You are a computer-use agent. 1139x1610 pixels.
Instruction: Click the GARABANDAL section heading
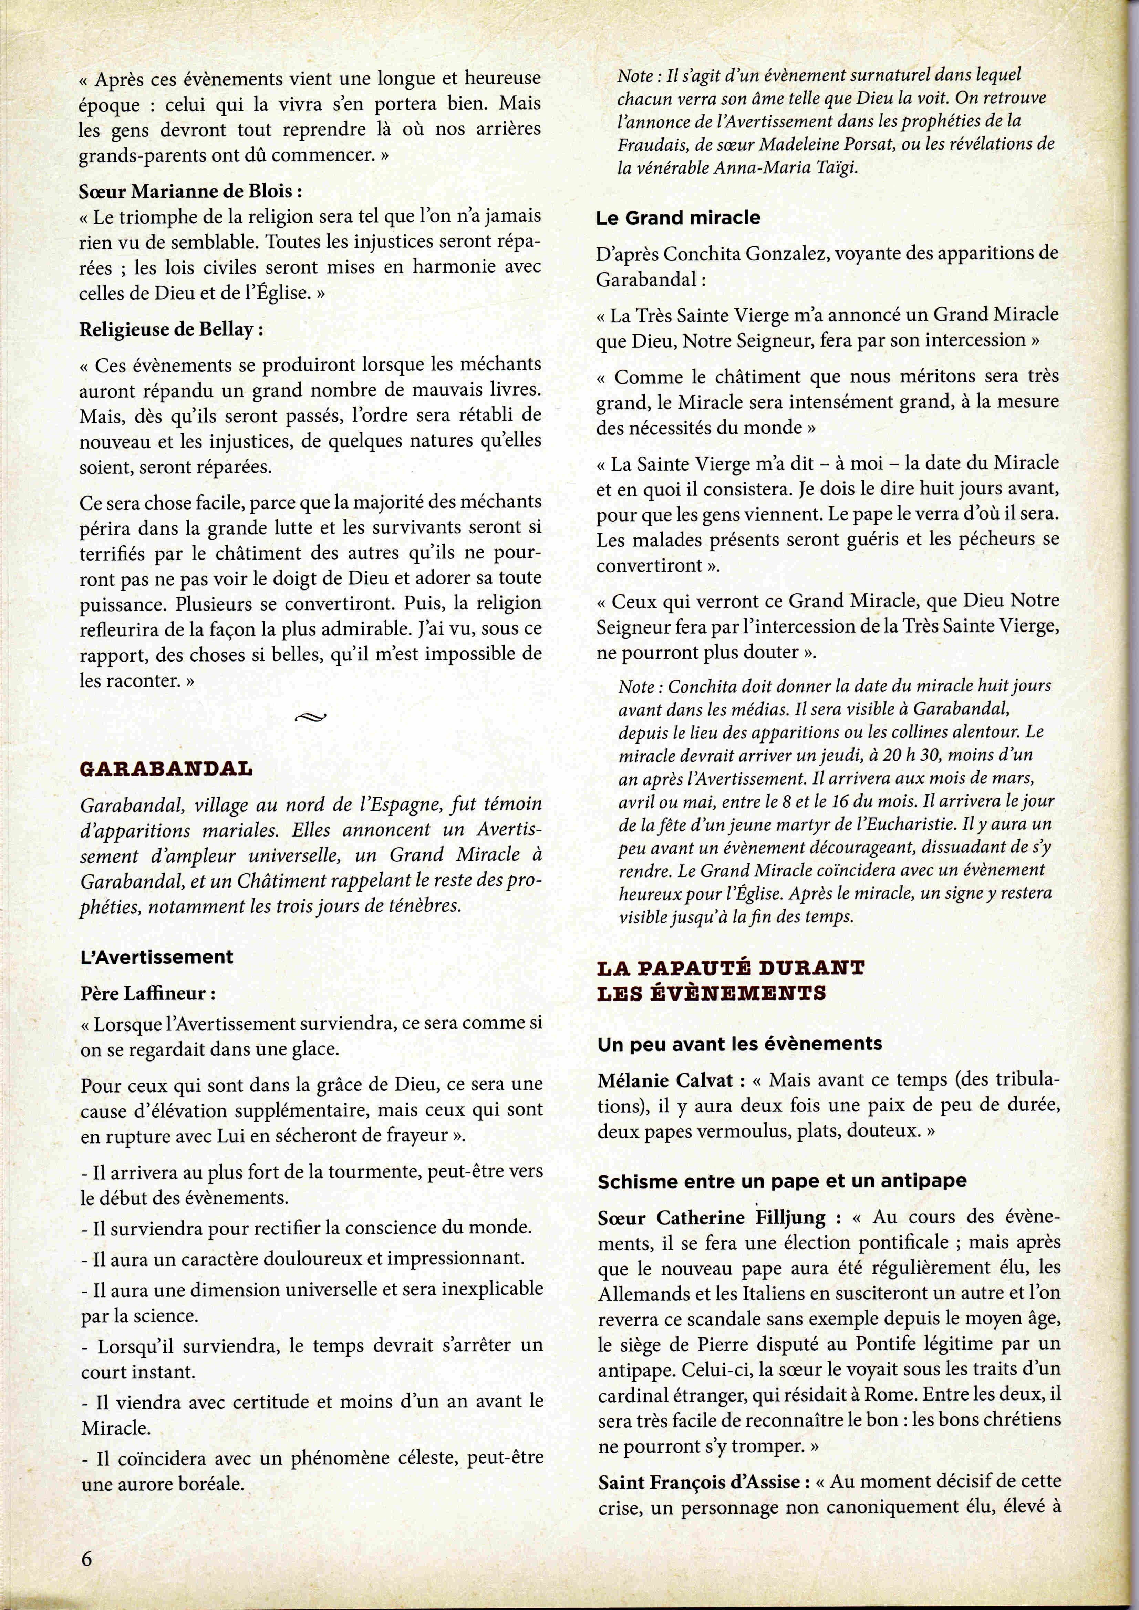(166, 768)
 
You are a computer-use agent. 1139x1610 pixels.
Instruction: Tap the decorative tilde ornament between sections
(311, 716)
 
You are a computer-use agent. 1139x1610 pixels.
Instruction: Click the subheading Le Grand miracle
(678, 217)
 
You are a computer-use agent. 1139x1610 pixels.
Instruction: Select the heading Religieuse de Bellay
(171, 329)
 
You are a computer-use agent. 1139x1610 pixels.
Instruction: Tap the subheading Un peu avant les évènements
(739, 1043)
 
